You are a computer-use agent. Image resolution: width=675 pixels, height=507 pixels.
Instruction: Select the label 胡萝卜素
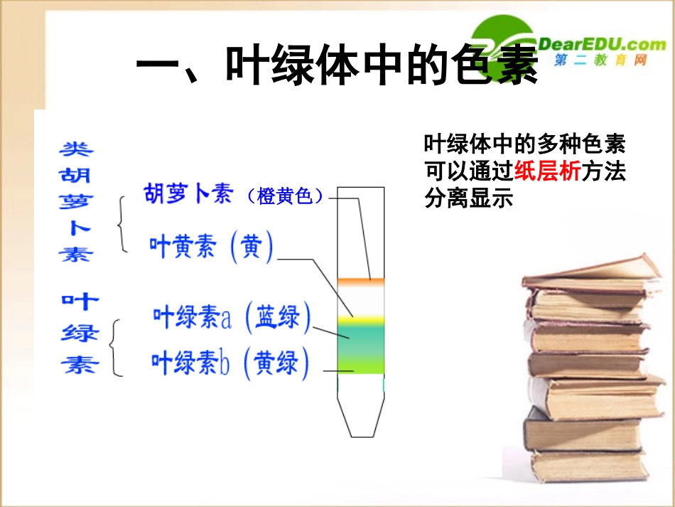[x=189, y=194]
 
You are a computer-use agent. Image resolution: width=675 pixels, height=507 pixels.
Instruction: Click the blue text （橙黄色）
[x=285, y=196]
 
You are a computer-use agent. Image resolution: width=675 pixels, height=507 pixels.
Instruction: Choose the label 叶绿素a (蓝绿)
[x=232, y=317]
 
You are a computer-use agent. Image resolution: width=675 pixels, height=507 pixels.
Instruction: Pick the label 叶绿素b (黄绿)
[x=230, y=363]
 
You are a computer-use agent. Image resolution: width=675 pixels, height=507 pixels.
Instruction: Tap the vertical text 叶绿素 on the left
[x=80, y=333]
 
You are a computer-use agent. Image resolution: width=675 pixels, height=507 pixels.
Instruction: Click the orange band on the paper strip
[x=360, y=282]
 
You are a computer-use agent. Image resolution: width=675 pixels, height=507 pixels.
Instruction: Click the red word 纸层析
[x=547, y=171]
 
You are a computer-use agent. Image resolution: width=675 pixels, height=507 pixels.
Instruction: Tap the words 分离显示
[x=468, y=198]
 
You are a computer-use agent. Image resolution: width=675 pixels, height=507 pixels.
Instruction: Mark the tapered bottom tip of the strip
[x=360, y=420]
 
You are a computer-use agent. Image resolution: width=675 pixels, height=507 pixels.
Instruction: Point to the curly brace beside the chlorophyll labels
[x=117, y=346]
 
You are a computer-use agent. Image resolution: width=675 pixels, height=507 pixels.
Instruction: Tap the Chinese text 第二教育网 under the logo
[x=601, y=62]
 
